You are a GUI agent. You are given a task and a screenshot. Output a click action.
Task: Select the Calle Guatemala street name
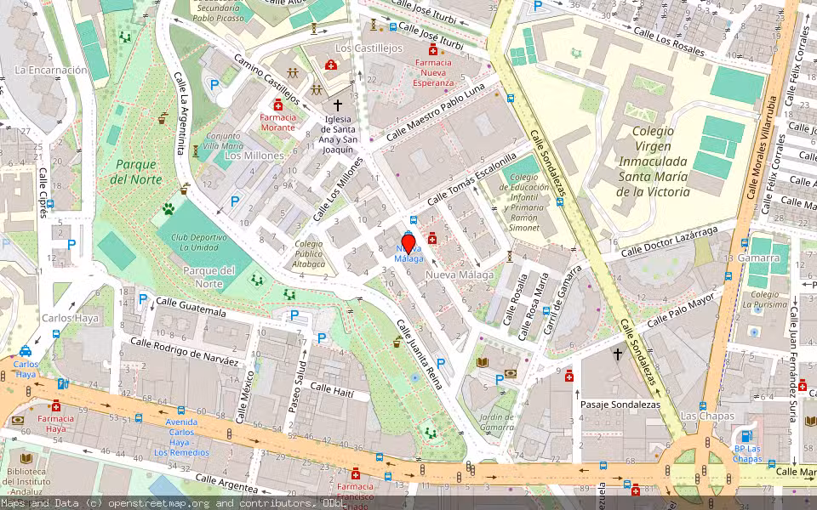coord(191,307)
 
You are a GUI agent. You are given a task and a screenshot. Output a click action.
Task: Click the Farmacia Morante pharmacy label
coord(277,122)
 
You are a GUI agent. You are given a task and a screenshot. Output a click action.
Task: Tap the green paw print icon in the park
coord(169,207)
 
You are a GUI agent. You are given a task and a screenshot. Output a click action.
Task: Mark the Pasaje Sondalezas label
coord(620,405)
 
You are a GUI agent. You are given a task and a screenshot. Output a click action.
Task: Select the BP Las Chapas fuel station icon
coord(748,436)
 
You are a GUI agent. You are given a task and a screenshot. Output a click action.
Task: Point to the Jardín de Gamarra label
coord(496,422)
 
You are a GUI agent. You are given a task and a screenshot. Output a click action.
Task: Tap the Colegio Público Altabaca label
coord(308,254)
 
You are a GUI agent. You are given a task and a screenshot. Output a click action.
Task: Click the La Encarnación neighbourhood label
coord(51,70)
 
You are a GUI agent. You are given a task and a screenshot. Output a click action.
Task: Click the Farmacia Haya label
coord(55,423)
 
